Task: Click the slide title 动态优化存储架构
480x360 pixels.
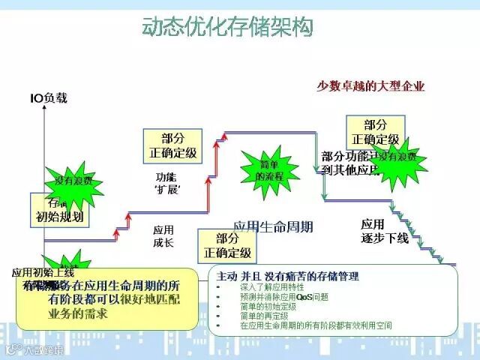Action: tap(227, 28)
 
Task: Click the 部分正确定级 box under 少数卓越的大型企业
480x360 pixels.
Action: tap(376, 132)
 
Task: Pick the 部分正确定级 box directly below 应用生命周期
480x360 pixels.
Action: tap(226, 246)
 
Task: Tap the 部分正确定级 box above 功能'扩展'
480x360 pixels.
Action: tap(172, 145)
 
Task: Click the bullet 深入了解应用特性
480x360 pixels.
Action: tap(271, 286)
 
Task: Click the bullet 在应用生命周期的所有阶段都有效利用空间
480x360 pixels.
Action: tap(316, 327)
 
